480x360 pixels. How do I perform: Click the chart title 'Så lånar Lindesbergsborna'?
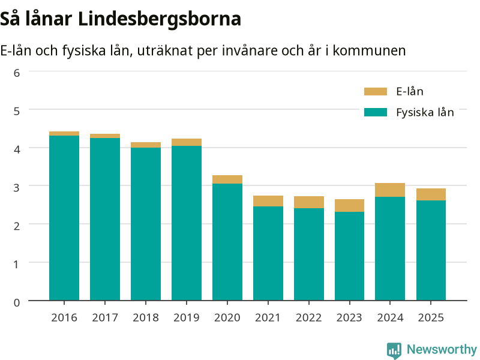(121, 19)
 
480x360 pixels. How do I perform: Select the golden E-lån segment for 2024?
(390, 190)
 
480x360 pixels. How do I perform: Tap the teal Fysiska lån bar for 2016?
(64, 218)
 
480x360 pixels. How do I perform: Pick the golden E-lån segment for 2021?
(268, 201)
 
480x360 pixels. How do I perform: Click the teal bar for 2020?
(227, 242)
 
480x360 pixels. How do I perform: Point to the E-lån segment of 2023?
(350, 205)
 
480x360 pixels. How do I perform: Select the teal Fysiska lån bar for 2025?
(431, 250)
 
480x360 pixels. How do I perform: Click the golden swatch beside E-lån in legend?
(376, 92)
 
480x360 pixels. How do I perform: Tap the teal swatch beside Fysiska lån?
(376, 112)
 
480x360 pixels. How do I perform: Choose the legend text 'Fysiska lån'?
(425, 113)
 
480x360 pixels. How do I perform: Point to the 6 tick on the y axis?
(17, 73)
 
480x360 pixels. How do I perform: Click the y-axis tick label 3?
(17, 187)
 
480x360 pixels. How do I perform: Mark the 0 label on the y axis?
(17, 302)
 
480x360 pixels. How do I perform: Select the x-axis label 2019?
(187, 318)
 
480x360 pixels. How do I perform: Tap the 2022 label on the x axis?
(308, 318)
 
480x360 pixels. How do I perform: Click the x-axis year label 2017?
(105, 318)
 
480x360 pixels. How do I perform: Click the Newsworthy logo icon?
(394, 350)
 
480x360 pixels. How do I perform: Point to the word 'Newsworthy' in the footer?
(442, 349)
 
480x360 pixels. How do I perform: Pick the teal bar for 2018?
(146, 224)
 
